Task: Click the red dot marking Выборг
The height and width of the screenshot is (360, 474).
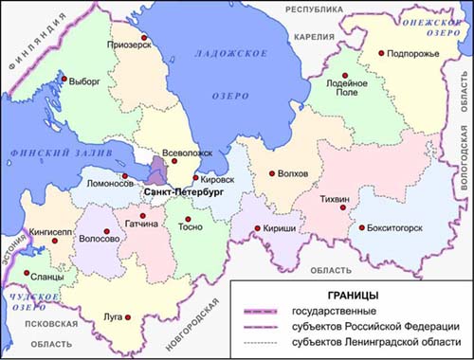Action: (64, 80)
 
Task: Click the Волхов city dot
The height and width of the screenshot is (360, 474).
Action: (272, 173)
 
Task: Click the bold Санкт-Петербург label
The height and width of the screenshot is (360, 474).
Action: (182, 191)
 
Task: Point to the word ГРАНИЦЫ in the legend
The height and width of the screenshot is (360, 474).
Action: (347, 295)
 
